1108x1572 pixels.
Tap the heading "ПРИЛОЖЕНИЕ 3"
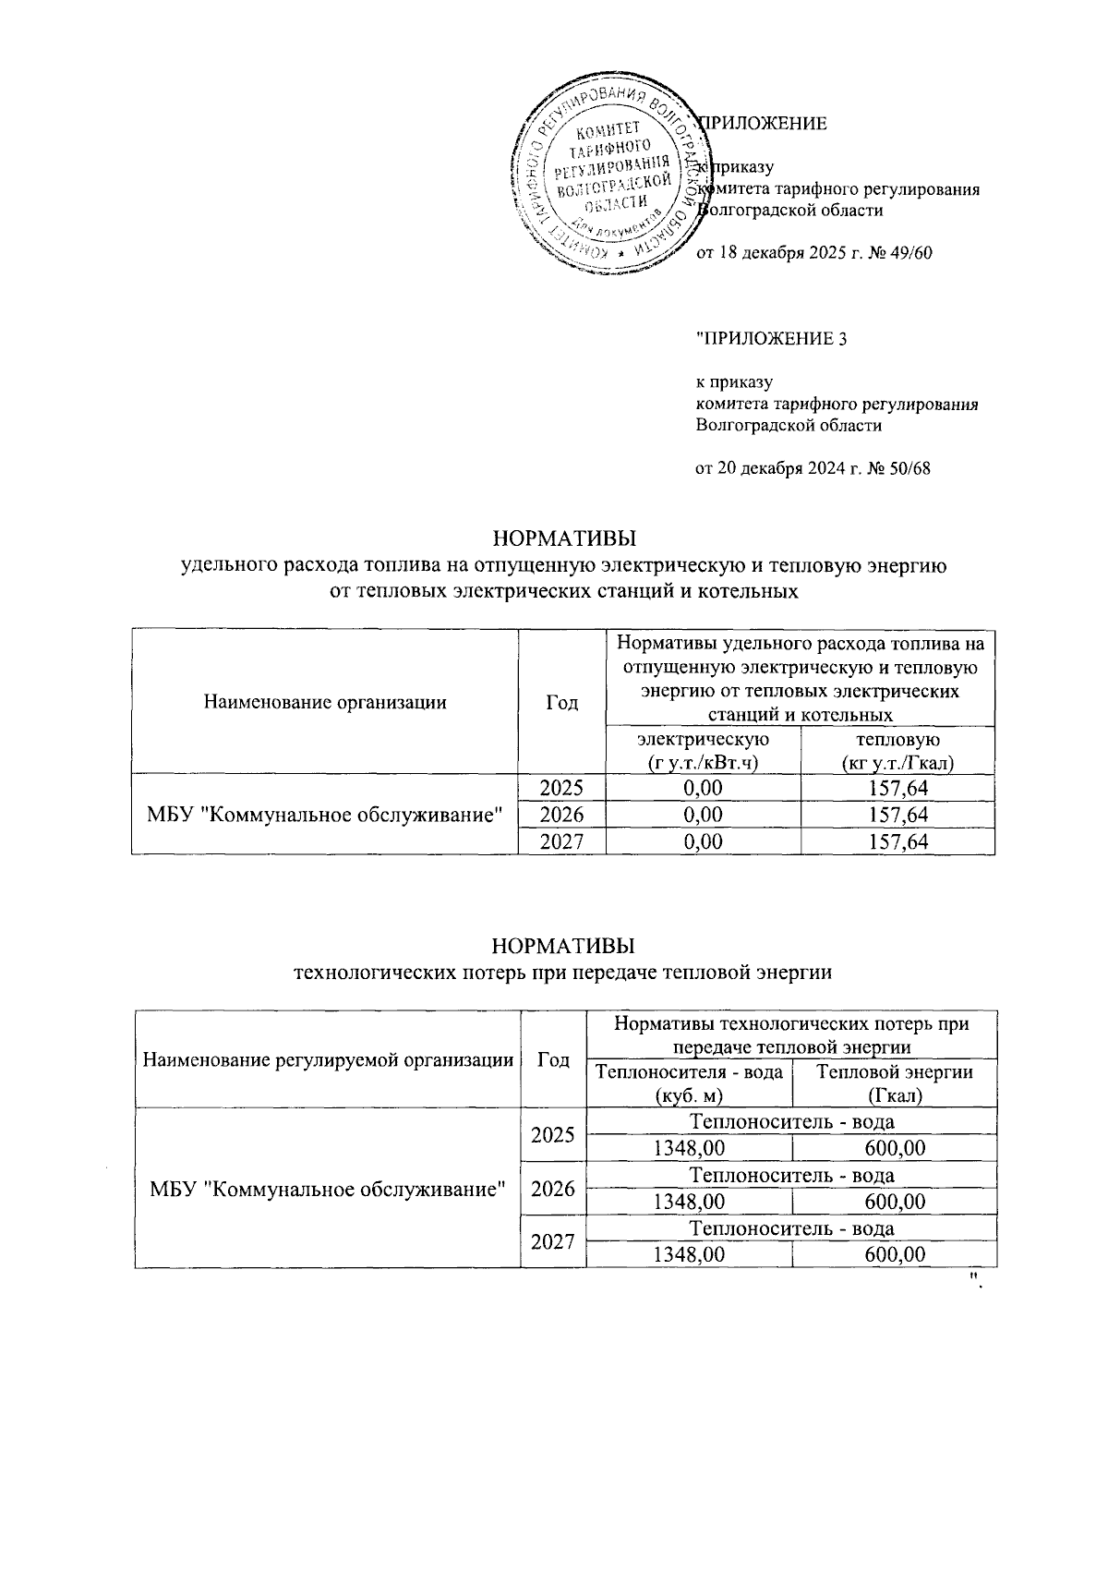pyautogui.click(x=771, y=339)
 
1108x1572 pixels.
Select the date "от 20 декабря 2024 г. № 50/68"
pyautogui.click(x=813, y=468)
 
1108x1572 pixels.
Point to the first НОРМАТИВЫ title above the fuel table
pyautogui.click(x=564, y=538)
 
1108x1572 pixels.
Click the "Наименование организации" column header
pyautogui.click(x=325, y=702)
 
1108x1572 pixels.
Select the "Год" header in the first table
pyautogui.click(x=561, y=702)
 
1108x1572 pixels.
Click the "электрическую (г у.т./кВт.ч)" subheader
pyautogui.click(x=704, y=751)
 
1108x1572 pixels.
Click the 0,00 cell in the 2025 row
pyautogui.click(x=704, y=788)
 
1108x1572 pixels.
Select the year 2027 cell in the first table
pyautogui.click(x=561, y=841)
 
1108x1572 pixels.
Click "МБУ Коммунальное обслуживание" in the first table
pyautogui.click(x=325, y=815)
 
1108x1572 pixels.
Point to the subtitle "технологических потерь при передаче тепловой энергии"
pyautogui.click(x=562, y=972)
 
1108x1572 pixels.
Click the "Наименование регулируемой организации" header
pyautogui.click(x=328, y=1060)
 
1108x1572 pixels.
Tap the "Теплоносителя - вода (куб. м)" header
pyautogui.click(x=689, y=1083)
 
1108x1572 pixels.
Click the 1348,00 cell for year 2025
pyautogui.click(x=689, y=1148)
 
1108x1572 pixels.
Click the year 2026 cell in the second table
pyautogui.click(x=553, y=1188)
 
